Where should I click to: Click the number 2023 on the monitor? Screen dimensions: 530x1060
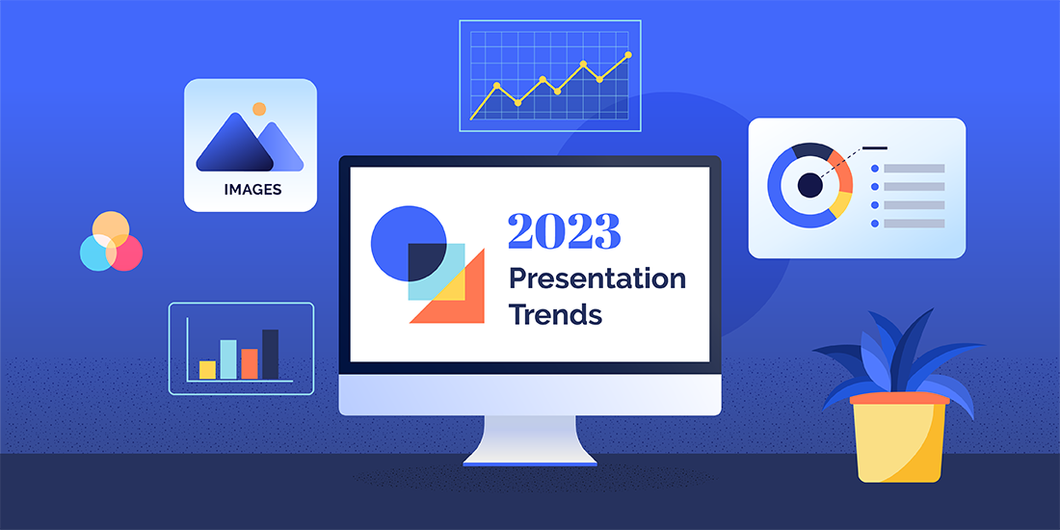tap(564, 231)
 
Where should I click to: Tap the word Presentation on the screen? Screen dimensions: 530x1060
tap(596, 279)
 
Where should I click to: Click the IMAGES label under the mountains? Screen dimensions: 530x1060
tap(252, 190)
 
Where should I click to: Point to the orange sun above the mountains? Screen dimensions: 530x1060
tap(258, 109)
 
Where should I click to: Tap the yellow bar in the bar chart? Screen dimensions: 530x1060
tap(207, 369)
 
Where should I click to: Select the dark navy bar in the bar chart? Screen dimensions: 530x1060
tap(270, 354)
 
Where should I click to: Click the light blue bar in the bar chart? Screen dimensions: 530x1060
tap(228, 358)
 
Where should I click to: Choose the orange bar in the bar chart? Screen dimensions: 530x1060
tap(250, 363)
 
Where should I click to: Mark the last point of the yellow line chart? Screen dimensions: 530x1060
tap(628, 56)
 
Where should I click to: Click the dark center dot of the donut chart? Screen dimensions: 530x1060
tap(809, 185)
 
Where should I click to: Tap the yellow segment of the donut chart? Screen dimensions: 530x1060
tap(840, 203)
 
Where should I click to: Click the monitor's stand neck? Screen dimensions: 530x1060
tap(529, 438)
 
